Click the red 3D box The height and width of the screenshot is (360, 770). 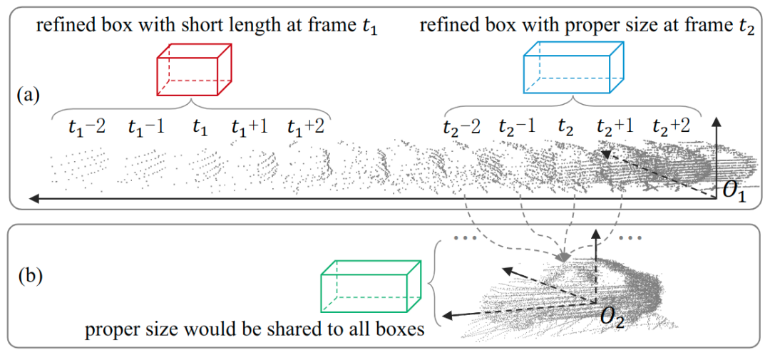click(195, 70)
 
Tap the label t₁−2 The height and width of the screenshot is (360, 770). click(87, 128)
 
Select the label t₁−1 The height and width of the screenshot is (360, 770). click(147, 128)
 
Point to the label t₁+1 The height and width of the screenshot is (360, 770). click(248, 128)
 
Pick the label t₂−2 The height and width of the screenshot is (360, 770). click(461, 128)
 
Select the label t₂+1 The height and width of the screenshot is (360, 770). click(615, 128)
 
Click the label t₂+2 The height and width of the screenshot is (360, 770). click(672, 128)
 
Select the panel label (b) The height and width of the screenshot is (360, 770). click(30, 274)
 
